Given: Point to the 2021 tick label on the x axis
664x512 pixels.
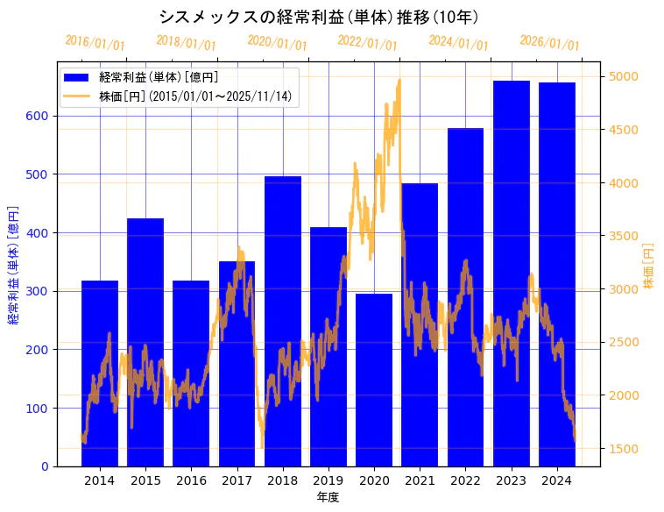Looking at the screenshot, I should point(420,480).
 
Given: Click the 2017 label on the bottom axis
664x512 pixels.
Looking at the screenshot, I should point(237,480).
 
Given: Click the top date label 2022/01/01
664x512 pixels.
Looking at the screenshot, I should point(367,43).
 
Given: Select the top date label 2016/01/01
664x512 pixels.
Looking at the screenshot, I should point(95,43).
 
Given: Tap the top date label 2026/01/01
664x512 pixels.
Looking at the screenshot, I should point(549,43).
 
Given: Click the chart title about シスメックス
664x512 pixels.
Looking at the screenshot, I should point(319,17).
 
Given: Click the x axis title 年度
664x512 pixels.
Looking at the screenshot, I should point(328,497).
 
